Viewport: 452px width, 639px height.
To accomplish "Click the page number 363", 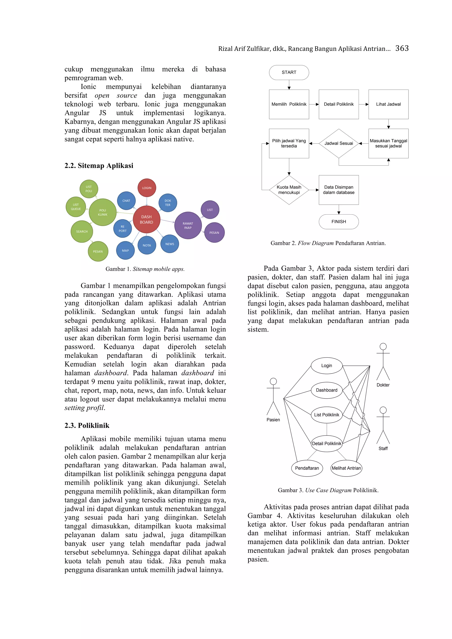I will pyautogui.click(x=402, y=49).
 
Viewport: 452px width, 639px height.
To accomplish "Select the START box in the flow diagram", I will pyautogui.click(x=289, y=72).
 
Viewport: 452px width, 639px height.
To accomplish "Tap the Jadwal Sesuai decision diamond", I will pyautogui.click(x=339, y=143).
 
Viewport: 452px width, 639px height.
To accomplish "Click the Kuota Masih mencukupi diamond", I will pyautogui.click(x=289, y=190).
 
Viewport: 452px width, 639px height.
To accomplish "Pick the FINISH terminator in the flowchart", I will pyautogui.click(x=339, y=222).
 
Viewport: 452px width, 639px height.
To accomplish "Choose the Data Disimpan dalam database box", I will pyautogui.click(x=339, y=190).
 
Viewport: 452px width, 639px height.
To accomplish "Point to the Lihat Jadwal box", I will pyautogui.click(x=388, y=104).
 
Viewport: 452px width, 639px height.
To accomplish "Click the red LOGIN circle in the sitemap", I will pyautogui.click(x=147, y=188).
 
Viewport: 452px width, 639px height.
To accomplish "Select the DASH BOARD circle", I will pyautogui.click(x=147, y=220).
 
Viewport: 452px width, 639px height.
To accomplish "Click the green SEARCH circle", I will pyautogui.click(x=82, y=231).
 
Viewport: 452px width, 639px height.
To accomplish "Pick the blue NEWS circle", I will pyautogui.click(x=169, y=244).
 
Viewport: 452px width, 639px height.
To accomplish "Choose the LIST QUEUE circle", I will pyautogui.click(x=76, y=207).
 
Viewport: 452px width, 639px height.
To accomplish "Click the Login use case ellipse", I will pyautogui.click(x=326, y=366).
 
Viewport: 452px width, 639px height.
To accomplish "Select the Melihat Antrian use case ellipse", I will pyautogui.click(x=346, y=468).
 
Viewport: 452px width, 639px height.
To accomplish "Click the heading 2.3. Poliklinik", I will pyautogui.click(x=87, y=426).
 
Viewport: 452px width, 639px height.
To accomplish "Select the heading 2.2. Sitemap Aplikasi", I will pyautogui.click(x=99, y=166).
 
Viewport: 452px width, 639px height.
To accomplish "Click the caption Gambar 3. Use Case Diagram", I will pyautogui.click(x=328, y=490).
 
